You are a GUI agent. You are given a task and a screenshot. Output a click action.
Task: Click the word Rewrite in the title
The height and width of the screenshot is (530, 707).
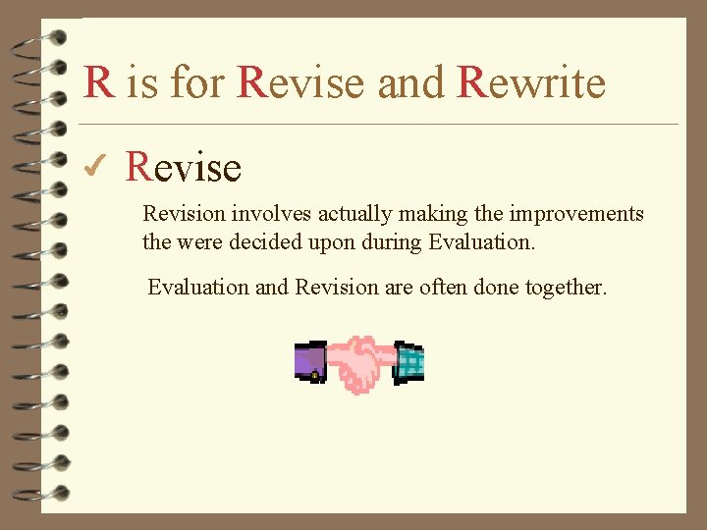pos(531,82)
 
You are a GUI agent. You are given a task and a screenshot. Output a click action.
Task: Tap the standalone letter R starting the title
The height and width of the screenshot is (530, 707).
pos(98,82)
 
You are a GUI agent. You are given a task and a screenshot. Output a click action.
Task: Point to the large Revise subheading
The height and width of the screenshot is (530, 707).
pos(184,168)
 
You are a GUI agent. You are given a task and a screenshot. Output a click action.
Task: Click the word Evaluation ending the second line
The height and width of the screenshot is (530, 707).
pos(482,241)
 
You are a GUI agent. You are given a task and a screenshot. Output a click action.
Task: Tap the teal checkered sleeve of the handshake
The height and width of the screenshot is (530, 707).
pos(408,362)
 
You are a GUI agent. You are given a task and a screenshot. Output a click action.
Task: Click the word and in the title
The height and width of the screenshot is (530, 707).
pos(410,82)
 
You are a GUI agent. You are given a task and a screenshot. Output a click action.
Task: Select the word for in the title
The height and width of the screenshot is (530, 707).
pos(195,82)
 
